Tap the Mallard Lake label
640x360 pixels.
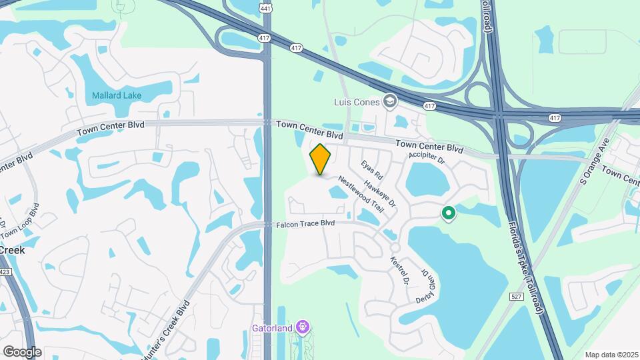(x=117, y=95)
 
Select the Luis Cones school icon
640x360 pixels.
(x=390, y=101)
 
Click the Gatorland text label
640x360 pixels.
(x=273, y=328)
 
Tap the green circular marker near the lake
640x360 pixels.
(x=449, y=213)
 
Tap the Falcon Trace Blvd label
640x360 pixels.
(x=305, y=224)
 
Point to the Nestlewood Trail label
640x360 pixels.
(x=361, y=194)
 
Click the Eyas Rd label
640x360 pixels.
(x=371, y=170)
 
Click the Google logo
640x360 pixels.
(x=22, y=351)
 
